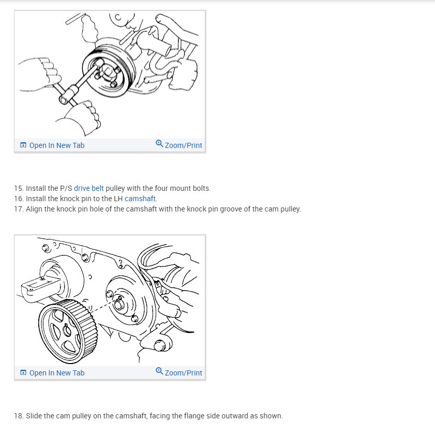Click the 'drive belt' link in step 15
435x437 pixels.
point(88,188)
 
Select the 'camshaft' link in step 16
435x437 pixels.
point(140,199)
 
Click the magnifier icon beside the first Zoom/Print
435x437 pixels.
point(159,144)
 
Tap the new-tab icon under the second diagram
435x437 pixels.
point(23,373)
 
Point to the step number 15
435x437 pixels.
point(19,188)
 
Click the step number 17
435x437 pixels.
point(19,209)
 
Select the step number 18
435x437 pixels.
point(19,416)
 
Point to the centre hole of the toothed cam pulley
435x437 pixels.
point(67,330)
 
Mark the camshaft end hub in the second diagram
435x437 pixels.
point(119,304)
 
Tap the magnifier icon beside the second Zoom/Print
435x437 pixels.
point(159,371)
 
